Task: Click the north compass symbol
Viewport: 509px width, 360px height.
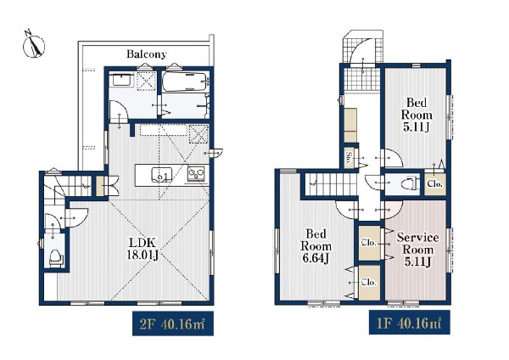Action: (x=34, y=46)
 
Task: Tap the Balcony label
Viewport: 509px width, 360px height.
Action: (x=147, y=54)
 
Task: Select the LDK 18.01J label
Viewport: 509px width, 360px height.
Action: (x=143, y=249)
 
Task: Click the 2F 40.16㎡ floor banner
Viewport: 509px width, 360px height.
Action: (x=173, y=323)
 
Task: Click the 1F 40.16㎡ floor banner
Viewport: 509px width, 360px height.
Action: (x=410, y=323)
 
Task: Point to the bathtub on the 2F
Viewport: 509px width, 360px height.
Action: (x=184, y=81)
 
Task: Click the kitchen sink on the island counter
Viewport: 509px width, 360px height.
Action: (x=160, y=174)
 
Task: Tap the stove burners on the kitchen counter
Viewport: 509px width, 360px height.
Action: (x=196, y=173)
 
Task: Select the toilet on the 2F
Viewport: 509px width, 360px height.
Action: (x=56, y=257)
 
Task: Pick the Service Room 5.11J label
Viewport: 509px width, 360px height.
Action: (x=417, y=250)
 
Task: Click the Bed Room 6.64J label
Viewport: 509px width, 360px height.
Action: (x=316, y=245)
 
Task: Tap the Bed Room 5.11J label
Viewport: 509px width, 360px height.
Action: (x=417, y=115)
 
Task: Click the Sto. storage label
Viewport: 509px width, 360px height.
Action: (x=349, y=158)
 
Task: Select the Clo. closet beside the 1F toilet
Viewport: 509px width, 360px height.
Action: (x=435, y=184)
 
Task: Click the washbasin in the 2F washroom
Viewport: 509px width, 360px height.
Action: (x=121, y=80)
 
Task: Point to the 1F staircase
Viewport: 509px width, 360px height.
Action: (x=332, y=184)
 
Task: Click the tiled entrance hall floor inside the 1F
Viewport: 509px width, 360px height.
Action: (x=362, y=79)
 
